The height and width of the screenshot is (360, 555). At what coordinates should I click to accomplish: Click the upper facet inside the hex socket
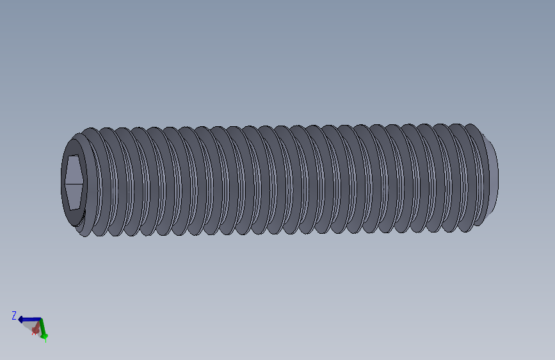(74, 169)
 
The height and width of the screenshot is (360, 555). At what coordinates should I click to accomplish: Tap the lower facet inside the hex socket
(74, 195)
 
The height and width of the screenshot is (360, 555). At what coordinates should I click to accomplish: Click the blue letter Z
(14, 315)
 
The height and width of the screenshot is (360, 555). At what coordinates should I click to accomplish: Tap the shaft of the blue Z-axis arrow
(32, 319)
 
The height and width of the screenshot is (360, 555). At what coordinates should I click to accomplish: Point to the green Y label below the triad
(45, 338)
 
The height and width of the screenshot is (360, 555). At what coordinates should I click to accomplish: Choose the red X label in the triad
(33, 333)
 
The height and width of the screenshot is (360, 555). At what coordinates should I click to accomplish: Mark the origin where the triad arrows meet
(40, 320)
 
